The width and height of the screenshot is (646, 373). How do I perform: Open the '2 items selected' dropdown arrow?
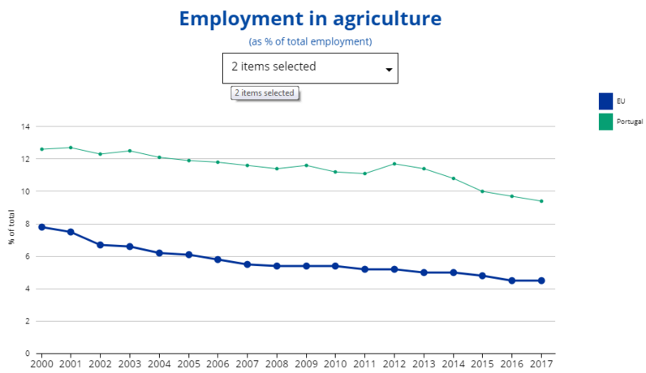pyautogui.click(x=389, y=70)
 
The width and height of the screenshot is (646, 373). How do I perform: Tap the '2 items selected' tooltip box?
pyautogui.click(x=265, y=93)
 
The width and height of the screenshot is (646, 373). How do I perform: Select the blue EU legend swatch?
pyautogui.click(x=605, y=101)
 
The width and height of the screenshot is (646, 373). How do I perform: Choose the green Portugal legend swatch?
pyautogui.click(x=605, y=121)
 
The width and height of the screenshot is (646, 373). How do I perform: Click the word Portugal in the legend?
pyautogui.click(x=631, y=121)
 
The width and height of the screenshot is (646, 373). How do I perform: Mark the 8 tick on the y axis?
pyautogui.click(x=28, y=224)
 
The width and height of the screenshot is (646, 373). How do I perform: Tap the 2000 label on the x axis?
pyautogui.click(x=41, y=364)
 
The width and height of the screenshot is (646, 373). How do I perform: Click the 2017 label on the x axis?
pyautogui.click(x=540, y=364)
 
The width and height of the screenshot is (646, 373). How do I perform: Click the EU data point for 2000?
pyautogui.click(x=41, y=227)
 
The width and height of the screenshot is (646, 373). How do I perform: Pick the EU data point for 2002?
pyautogui.click(x=100, y=245)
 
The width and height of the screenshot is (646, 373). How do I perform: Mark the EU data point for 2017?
pyautogui.click(x=540, y=281)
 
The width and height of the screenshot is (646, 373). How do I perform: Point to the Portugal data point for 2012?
pyautogui.click(x=394, y=164)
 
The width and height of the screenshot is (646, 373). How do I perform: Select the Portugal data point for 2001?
pyautogui.click(x=71, y=148)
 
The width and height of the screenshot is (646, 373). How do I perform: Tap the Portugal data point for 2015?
pyautogui.click(x=482, y=191)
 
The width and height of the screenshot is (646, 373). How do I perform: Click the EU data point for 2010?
pyautogui.click(x=335, y=266)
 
